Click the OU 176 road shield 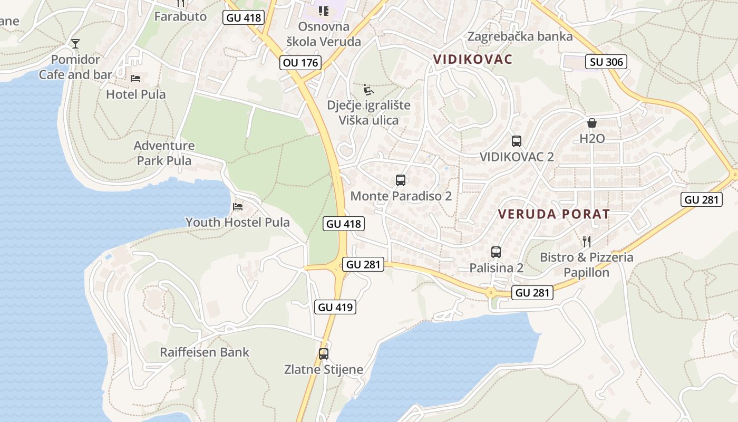pos(300,63)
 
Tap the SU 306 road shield pos(606,62)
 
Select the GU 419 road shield pos(335,306)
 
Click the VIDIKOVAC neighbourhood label pos(472,59)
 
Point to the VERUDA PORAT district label pos(554,214)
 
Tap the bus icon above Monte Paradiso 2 pos(401,180)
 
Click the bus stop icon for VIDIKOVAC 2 pos(517,141)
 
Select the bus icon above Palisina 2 pos(496,252)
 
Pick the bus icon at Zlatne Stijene pos(324,354)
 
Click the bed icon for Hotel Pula pos(135,79)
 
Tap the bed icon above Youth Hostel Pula pos(238,206)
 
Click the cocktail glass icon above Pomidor pos(75,43)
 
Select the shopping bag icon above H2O pos(592,123)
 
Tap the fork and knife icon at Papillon pos(586,242)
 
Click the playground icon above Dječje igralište pos(368,89)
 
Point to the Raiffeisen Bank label pos(205,352)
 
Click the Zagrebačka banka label pos(520,36)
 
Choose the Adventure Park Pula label pos(164,153)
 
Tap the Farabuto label pos(180,16)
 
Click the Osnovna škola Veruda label pos(323,34)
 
